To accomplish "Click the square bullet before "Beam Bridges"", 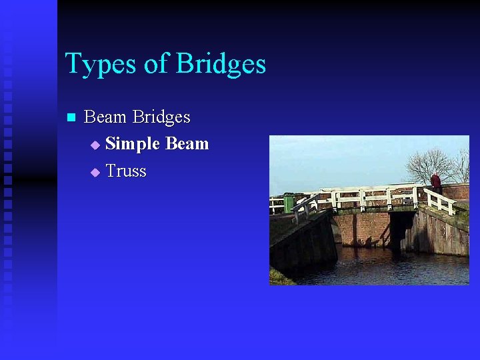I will pyautogui.click(x=71, y=118).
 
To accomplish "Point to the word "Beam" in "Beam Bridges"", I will pyautogui.click(x=105, y=117).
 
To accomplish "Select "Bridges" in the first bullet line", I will pyautogui.click(x=161, y=118).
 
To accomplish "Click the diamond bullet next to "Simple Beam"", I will pyautogui.click(x=95, y=145).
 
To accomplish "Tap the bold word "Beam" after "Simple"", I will pyautogui.click(x=187, y=144).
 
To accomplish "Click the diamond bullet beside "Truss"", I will pyautogui.click(x=95, y=172).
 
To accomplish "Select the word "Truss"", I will pyautogui.click(x=126, y=171).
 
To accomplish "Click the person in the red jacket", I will pyautogui.click(x=436, y=182).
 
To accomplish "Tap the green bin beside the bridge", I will pyautogui.click(x=289, y=203).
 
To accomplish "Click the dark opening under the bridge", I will pyautogui.click(x=399, y=230).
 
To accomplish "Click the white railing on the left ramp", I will pyautogui.click(x=304, y=206).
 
